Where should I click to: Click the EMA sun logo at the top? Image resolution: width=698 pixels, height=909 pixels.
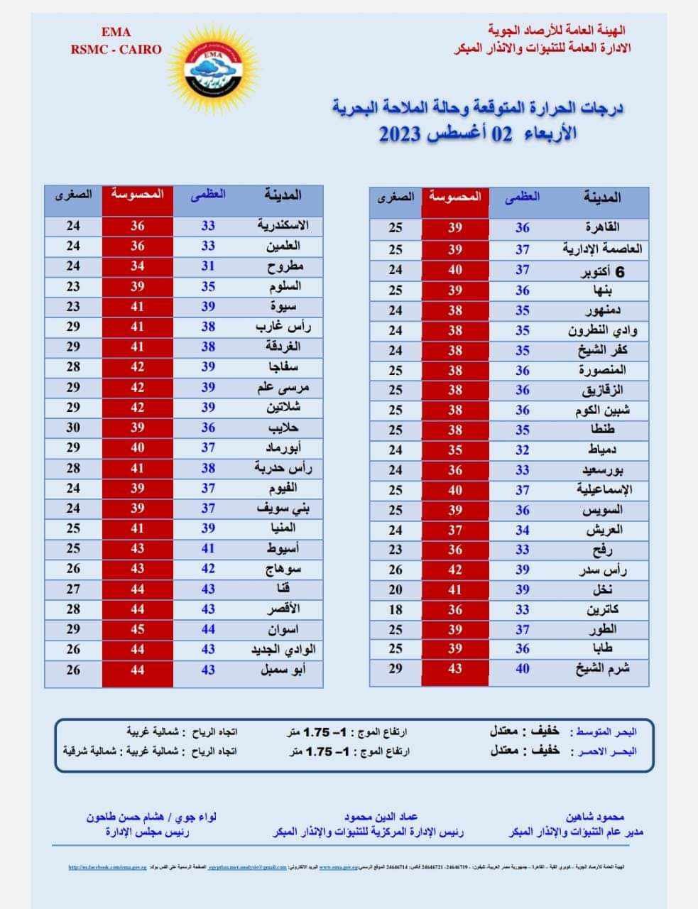212,68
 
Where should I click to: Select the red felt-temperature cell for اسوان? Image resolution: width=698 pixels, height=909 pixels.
137,629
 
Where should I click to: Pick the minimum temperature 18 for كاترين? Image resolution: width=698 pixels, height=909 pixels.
396,609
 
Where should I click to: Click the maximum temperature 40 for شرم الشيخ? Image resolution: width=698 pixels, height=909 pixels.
523,668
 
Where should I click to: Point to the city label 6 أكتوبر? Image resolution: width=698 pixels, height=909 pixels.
601,270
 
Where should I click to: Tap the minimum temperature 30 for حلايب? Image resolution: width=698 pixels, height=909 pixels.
73,428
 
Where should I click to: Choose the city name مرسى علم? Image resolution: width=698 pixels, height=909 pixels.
283,388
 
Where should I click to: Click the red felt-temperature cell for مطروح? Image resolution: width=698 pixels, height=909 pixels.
137,266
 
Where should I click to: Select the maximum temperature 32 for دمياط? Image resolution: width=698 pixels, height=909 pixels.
523,450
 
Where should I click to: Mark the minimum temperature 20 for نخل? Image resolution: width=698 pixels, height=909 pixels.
396,589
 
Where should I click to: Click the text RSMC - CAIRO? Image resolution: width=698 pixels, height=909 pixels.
116,49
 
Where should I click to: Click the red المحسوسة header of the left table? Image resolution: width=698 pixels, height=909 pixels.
137,193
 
